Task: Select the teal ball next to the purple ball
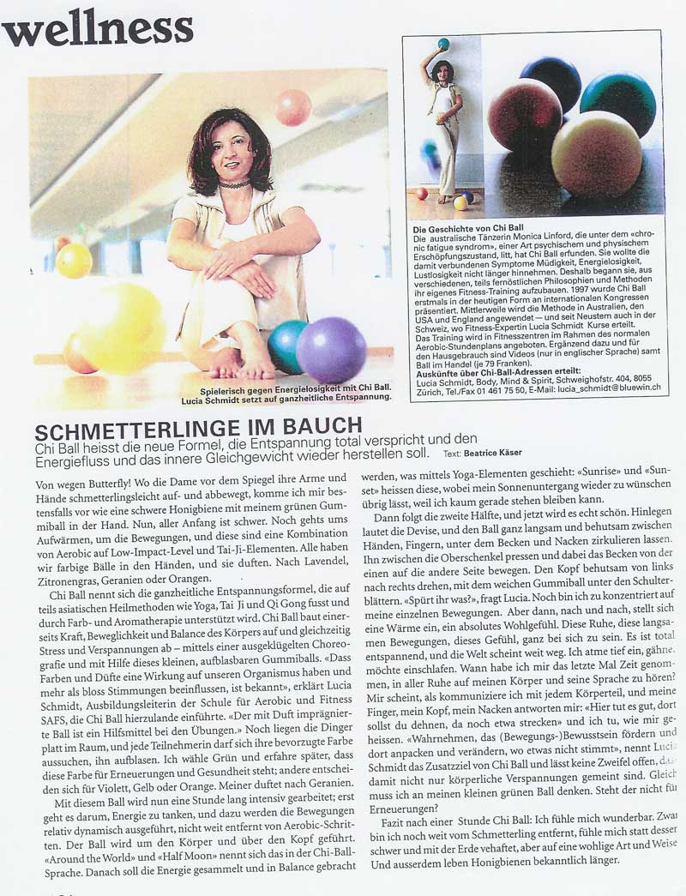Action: click(x=286, y=345)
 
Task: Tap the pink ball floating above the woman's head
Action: click(x=292, y=108)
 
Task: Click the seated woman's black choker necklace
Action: click(x=233, y=183)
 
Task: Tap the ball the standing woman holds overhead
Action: click(x=443, y=43)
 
